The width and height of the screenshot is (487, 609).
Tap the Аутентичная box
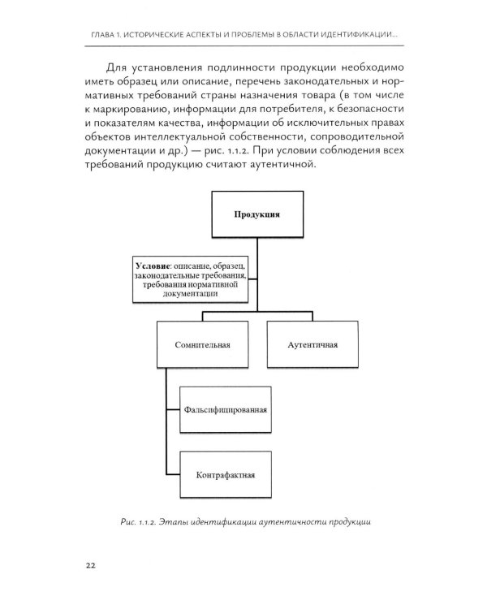(312, 344)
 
